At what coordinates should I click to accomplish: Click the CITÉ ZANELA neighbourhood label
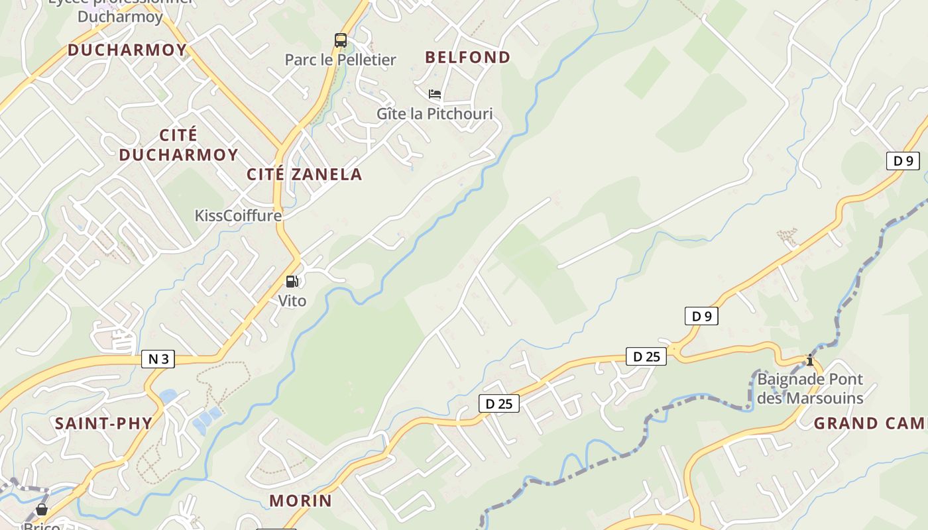click(304, 174)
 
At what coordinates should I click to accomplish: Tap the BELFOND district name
click(468, 57)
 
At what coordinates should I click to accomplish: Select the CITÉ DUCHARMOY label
click(178, 145)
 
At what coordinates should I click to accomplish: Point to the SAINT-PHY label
click(104, 423)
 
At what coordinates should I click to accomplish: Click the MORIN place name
click(300, 500)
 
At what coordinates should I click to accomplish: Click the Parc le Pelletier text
click(340, 60)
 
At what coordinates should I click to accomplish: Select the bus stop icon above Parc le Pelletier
click(341, 40)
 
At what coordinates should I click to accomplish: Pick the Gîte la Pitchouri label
click(435, 114)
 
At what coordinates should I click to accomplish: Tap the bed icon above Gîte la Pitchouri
click(435, 94)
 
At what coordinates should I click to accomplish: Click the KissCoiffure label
click(238, 216)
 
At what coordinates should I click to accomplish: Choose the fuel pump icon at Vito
click(292, 282)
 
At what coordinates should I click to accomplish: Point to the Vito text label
click(292, 301)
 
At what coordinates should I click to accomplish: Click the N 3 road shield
click(158, 359)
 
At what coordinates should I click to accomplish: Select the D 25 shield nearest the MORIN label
click(499, 403)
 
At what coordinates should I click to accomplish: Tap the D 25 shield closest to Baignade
click(646, 356)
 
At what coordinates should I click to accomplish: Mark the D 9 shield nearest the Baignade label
click(701, 316)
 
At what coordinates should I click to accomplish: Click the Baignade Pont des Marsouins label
click(810, 389)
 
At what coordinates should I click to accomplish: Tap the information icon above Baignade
click(810, 360)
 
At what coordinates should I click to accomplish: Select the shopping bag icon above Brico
click(42, 509)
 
